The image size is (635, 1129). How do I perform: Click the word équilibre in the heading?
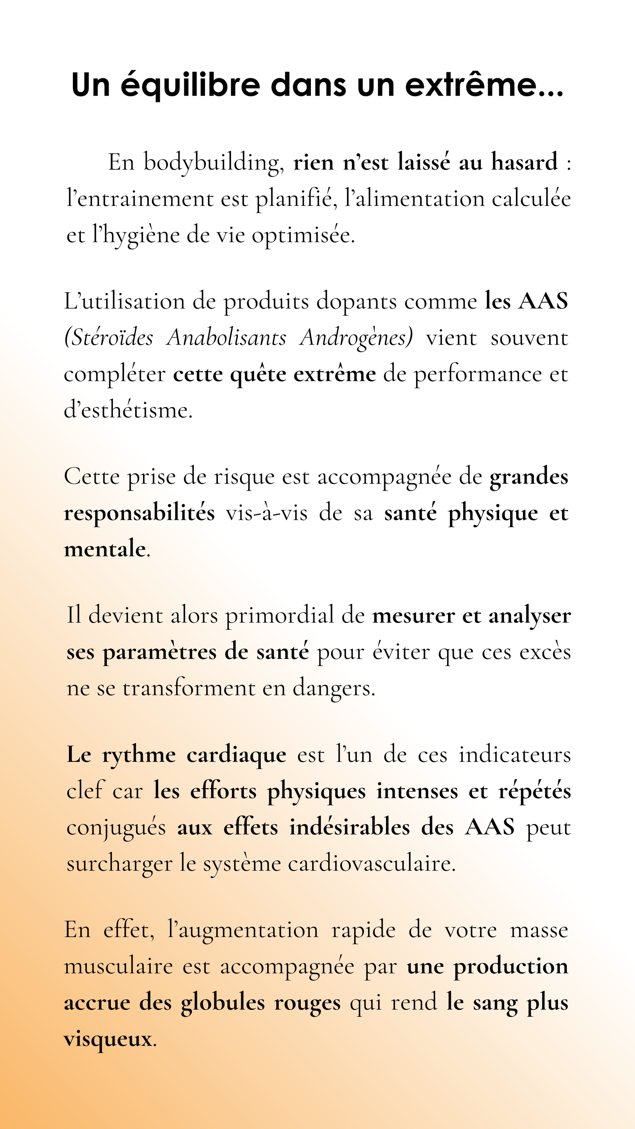point(191,85)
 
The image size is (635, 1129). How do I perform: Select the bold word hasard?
point(525,162)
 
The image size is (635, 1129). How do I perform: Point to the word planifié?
point(296,199)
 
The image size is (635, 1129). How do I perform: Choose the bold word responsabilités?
point(139,513)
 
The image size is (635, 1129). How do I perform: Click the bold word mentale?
point(105,549)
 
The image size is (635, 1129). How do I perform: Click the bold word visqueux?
point(108,1039)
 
